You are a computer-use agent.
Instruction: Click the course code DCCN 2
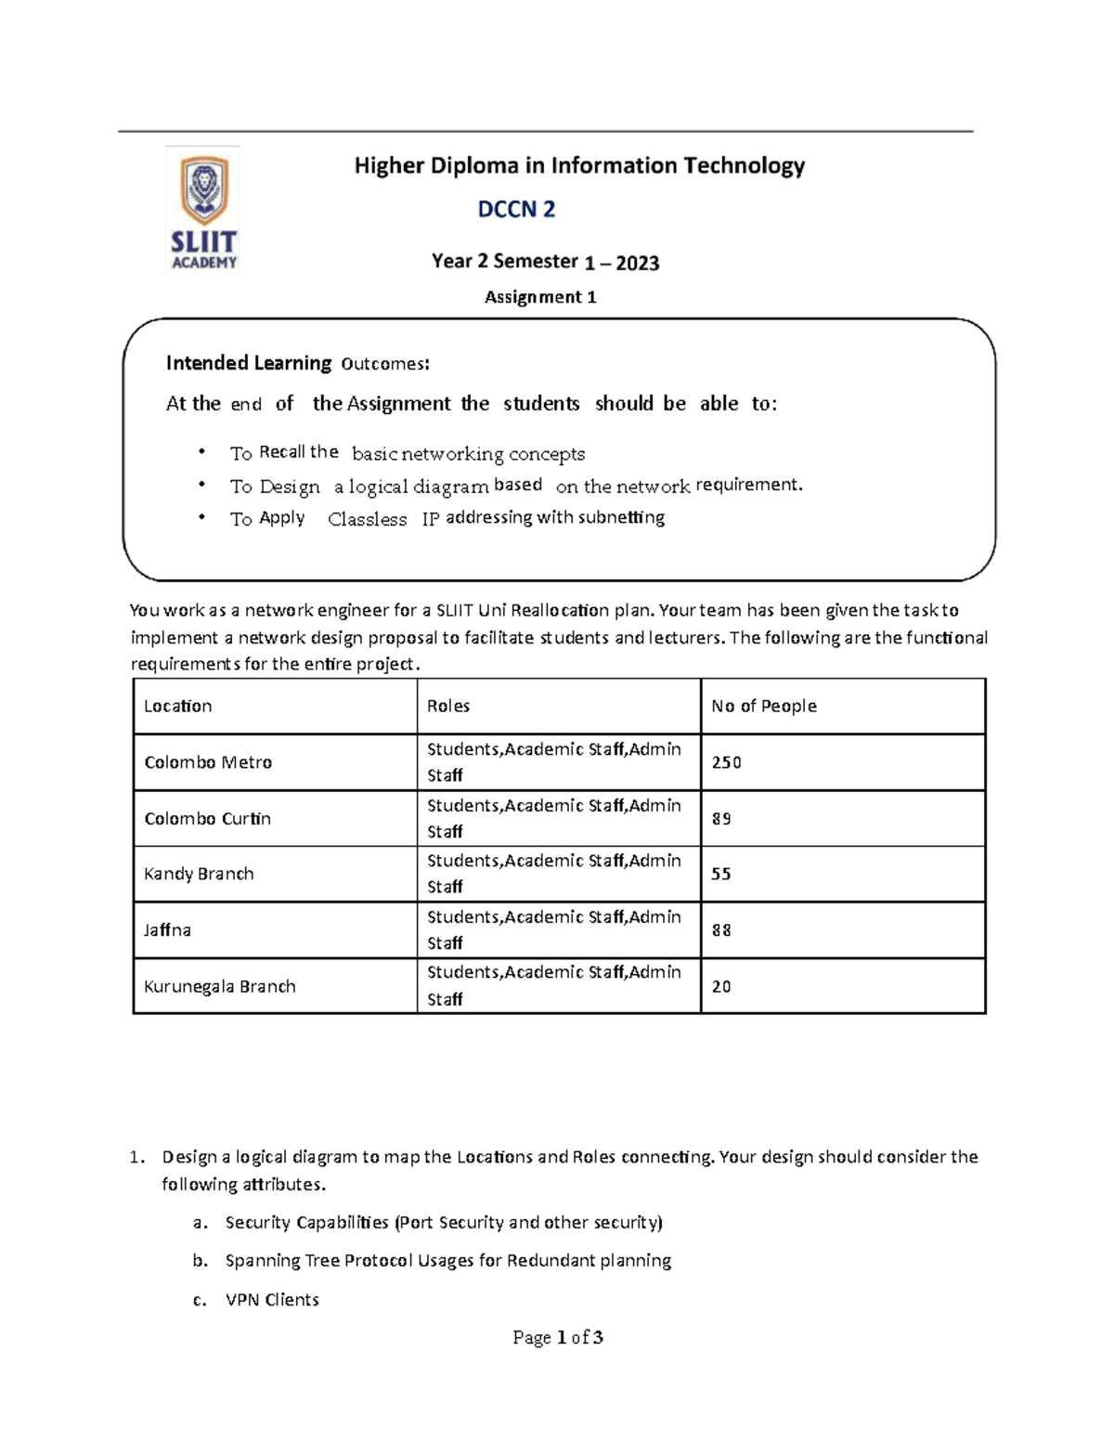pos(516,210)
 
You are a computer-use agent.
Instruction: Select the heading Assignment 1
pos(540,297)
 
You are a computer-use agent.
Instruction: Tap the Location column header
pos(177,706)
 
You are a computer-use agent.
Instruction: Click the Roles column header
pos(448,706)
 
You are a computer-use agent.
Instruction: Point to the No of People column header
pos(763,706)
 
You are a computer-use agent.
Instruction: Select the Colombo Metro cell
pos(208,762)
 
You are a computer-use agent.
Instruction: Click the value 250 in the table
pos(726,762)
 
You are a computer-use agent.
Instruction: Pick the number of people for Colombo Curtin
pos(721,819)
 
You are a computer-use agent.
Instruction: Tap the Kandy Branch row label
pos(199,874)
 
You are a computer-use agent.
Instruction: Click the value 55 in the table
pos(721,874)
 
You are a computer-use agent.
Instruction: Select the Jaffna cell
pos(167,929)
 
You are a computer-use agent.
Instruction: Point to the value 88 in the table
pos(721,929)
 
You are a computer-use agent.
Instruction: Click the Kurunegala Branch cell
pos(219,986)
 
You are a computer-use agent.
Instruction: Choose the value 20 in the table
pos(721,986)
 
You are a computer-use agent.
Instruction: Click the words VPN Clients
pos(272,1300)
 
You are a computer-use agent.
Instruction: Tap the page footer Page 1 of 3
pos(558,1337)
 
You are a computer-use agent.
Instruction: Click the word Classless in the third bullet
pos(367,519)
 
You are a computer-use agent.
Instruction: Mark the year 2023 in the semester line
pos(637,263)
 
